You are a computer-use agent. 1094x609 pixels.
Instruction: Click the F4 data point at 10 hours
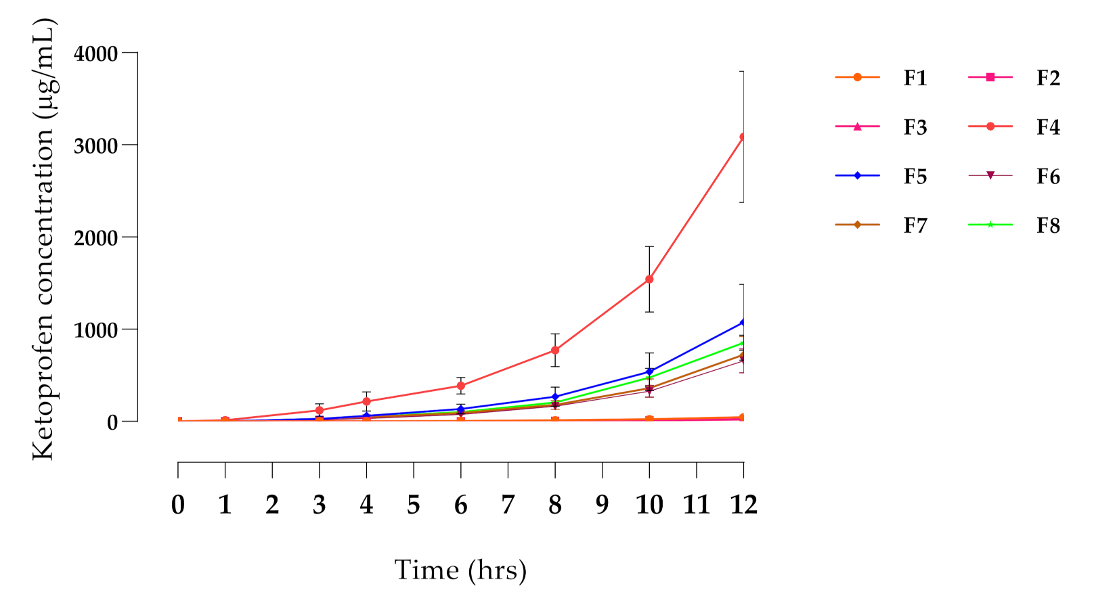[x=649, y=279]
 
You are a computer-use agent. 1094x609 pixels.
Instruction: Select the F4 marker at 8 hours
[x=555, y=351]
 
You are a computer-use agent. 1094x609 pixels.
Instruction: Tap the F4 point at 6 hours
[x=461, y=386]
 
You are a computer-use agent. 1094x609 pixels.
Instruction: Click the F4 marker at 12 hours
[x=743, y=137]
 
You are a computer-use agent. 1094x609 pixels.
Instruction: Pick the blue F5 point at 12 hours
[x=743, y=322]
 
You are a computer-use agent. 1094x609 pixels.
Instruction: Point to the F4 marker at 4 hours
[x=366, y=402]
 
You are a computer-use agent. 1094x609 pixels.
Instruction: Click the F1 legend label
[x=915, y=78]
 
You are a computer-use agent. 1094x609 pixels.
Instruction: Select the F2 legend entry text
[x=1047, y=78]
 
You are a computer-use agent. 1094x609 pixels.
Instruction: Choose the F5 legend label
[x=915, y=177]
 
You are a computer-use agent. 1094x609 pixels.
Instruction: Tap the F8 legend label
[x=1047, y=226]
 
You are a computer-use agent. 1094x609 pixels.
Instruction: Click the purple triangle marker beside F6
[x=990, y=176]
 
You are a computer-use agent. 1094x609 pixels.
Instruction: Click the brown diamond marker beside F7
[x=858, y=225]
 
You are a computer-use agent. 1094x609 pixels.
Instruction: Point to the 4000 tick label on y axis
[x=95, y=53]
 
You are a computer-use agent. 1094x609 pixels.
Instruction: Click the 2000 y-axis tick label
[x=95, y=238]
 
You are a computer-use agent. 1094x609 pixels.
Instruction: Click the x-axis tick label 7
[x=508, y=505]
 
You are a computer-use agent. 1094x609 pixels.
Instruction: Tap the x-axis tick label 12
[x=743, y=505]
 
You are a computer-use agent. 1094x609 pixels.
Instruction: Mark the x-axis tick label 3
[x=319, y=505]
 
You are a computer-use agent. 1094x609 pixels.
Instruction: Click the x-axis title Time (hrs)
[x=460, y=570]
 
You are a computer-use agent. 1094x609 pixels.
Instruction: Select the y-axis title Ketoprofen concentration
[x=43, y=240]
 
